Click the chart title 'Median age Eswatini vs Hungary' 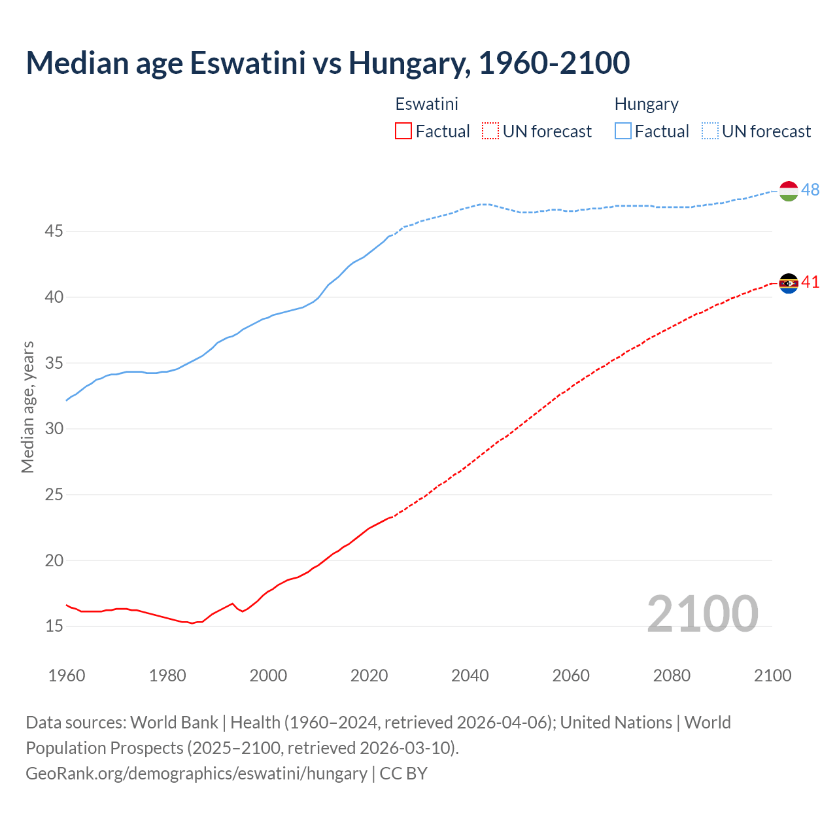[328, 63]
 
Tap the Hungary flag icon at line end [789, 191]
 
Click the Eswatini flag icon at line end [789, 283]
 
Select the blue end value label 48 [810, 190]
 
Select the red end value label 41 [810, 282]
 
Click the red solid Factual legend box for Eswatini [403, 131]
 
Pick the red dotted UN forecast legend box [490, 131]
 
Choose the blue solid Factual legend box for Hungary [623, 131]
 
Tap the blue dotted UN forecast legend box [710, 131]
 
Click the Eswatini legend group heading [426, 104]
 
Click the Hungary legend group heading [646, 104]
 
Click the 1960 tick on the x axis [67, 675]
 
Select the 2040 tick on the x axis [470, 675]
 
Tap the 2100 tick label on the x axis [772, 675]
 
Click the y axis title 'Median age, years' [27, 407]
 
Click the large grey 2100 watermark [702, 614]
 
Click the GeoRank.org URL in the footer [196, 774]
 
